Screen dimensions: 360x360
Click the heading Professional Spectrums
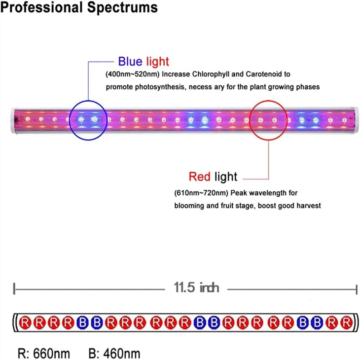(x=79, y=8)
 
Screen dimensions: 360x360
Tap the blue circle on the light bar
(x=87, y=119)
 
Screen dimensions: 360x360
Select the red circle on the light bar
(x=268, y=119)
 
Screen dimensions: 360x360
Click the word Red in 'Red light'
(x=199, y=177)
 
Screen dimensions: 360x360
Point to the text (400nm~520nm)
(x=132, y=75)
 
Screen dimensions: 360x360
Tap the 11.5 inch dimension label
(x=196, y=288)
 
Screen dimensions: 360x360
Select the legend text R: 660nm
(x=43, y=353)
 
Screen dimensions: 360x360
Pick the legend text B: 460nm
(x=114, y=353)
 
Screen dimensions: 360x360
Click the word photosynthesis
(x=157, y=87)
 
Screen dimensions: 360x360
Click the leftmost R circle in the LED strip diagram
(x=26, y=323)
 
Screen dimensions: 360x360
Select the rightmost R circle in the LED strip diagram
(x=347, y=323)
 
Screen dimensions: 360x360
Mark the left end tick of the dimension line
(x=15, y=288)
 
